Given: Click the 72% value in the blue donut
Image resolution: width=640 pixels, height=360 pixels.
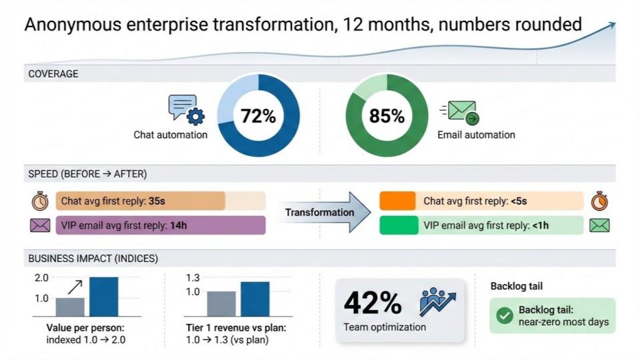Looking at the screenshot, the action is (x=258, y=116).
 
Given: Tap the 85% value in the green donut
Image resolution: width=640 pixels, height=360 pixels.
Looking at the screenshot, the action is (x=387, y=116).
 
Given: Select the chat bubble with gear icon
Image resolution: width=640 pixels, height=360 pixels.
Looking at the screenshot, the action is (x=187, y=110).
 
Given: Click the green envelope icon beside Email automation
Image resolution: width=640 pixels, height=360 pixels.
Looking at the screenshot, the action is (x=460, y=112).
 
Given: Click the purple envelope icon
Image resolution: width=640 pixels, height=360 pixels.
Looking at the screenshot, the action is (x=40, y=225).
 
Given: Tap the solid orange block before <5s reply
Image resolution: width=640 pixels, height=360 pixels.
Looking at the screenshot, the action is (x=397, y=201).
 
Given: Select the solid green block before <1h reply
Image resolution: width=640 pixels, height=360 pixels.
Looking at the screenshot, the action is (x=399, y=225).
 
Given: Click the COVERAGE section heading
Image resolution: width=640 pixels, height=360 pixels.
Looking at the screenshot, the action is (x=53, y=74).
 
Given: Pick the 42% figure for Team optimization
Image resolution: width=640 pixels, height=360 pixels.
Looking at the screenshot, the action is (x=372, y=303).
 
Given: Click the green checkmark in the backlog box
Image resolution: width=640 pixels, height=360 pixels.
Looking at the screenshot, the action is (x=505, y=315).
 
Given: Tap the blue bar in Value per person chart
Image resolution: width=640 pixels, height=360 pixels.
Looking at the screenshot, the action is (x=104, y=297).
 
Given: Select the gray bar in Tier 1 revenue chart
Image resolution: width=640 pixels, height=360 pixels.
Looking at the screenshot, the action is (x=221, y=304).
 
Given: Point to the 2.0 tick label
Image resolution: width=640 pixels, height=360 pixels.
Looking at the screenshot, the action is (x=41, y=278).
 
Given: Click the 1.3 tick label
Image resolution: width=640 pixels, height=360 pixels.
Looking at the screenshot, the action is (x=193, y=278).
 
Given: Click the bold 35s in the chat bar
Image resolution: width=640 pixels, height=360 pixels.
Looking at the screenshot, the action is (x=157, y=201).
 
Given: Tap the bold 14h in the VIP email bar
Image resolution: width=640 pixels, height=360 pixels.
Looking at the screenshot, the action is (x=179, y=225).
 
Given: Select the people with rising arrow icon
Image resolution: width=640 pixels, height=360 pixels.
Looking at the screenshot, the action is (x=437, y=301).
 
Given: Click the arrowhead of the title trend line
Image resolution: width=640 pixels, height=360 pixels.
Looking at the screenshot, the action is (x=611, y=26).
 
